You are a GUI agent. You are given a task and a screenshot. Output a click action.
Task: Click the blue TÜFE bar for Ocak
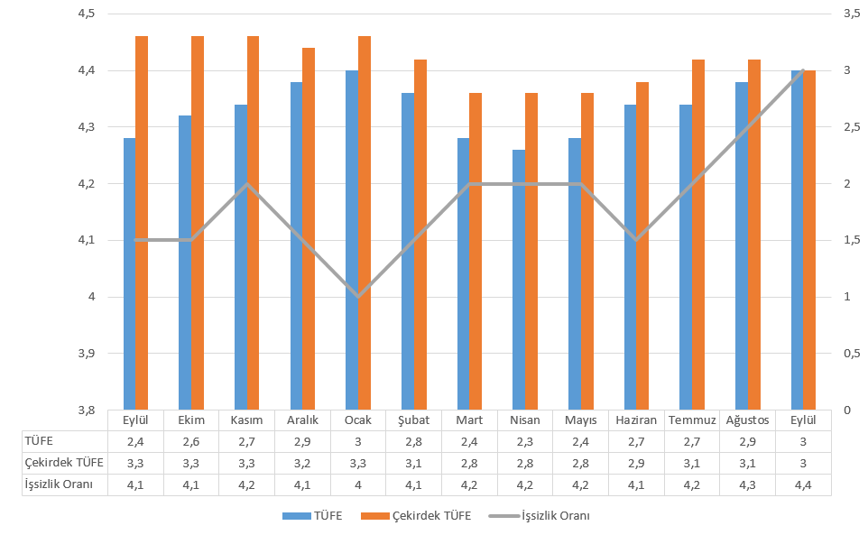point(352,239)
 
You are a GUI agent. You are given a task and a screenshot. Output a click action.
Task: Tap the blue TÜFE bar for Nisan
point(519,280)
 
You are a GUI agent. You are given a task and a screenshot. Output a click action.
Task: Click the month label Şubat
point(414,420)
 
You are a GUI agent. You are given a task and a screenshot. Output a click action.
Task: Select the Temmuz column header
point(692,420)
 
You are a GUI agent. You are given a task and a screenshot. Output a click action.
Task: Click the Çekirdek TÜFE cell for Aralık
point(303,463)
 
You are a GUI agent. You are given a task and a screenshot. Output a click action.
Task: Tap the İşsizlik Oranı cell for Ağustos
point(747,484)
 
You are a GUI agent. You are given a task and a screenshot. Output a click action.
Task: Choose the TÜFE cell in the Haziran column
point(636,441)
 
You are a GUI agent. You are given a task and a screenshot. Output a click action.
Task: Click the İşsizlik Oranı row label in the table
point(60,484)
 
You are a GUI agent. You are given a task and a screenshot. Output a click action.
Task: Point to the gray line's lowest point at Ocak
point(358,297)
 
